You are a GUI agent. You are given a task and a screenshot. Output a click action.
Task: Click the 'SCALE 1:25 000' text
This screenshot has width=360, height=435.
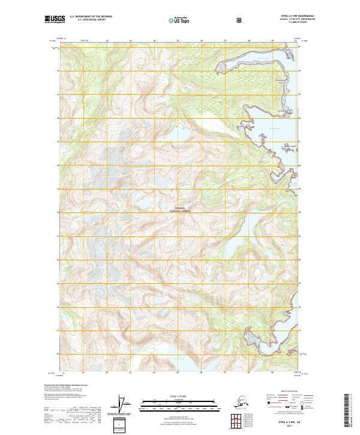click(x=180, y=396)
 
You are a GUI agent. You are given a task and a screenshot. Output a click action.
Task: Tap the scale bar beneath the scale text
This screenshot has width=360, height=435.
click(x=180, y=403)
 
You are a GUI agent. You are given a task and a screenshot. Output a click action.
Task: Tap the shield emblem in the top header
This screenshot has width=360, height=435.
click(x=240, y=20)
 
